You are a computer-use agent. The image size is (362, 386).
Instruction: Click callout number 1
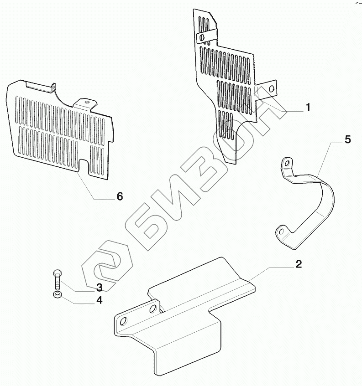tap(308, 108)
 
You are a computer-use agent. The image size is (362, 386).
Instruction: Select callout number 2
tap(298, 264)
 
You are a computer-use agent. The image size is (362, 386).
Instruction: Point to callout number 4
tap(99, 301)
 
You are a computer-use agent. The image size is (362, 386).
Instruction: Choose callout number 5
tap(347, 139)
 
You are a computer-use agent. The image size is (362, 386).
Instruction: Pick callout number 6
tap(120, 196)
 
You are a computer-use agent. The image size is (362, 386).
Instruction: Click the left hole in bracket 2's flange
tap(123, 322)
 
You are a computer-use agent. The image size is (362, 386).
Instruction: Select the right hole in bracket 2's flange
tap(152, 309)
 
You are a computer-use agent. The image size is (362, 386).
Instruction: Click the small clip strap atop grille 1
tap(208, 34)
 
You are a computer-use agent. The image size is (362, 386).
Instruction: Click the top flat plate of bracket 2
tap(201, 283)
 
